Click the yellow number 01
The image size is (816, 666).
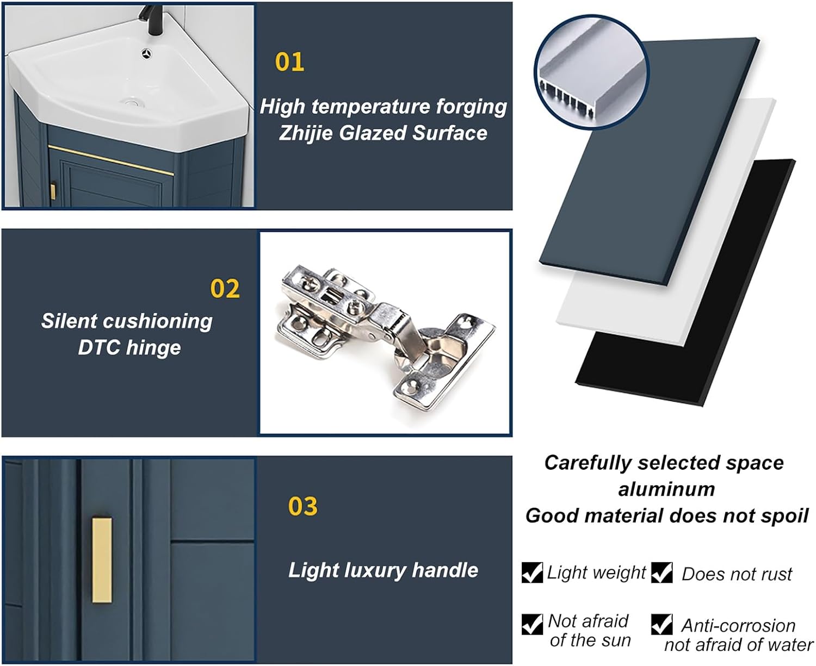pyautogui.click(x=289, y=62)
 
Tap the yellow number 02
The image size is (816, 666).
pyautogui.click(x=225, y=289)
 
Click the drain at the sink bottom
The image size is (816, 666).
pyautogui.click(x=132, y=103)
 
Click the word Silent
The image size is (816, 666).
pyautogui.click(x=69, y=321)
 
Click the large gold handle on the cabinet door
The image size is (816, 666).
pyautogui.click(x=102, y=561)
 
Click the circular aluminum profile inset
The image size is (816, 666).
pyautogui.click(x=591, y=73)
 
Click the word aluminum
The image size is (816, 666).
pyautogui.click(x=666, y=489)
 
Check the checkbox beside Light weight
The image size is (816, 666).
pyautogui.click(x=532, y=572)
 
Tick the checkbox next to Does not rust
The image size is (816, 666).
pyautogui.click(x=662, y=572)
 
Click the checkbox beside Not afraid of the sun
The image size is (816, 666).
pyautogui.click(x=532, y=624)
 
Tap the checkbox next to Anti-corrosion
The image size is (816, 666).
pyautogui.click(x=662, y=624)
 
